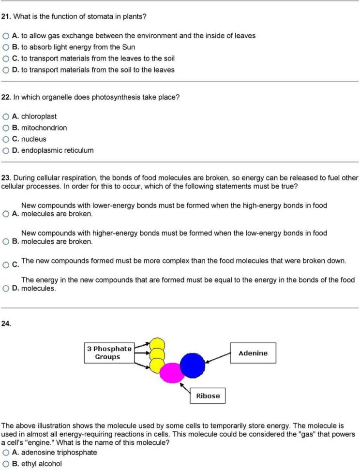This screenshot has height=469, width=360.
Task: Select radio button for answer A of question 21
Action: [x=5, y=36]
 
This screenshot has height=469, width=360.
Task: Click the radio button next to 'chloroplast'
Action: [x=5, y=117]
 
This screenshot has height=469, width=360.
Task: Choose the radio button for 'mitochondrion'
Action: [x=5, y=128]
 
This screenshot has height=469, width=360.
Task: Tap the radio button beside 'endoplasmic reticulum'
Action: [x=5, y=150]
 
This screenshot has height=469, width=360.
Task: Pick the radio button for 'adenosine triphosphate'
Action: [x=5, y=453]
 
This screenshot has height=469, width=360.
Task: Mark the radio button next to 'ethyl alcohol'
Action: [x=5, y=464]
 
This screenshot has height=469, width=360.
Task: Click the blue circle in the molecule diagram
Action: [x=193, y=364]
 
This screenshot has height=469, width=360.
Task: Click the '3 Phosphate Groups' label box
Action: [x=109, y=352]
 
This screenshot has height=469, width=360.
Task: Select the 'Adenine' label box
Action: [x=253, y=353]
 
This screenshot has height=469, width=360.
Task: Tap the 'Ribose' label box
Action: [x=208, y=396]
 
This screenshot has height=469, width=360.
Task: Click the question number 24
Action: [x=6, y=324]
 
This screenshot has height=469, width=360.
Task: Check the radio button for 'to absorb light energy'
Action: [x=5, y=47]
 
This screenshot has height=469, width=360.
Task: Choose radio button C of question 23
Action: [x=5, y=264]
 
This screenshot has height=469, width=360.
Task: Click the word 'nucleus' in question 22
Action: [x=34, y=139]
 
